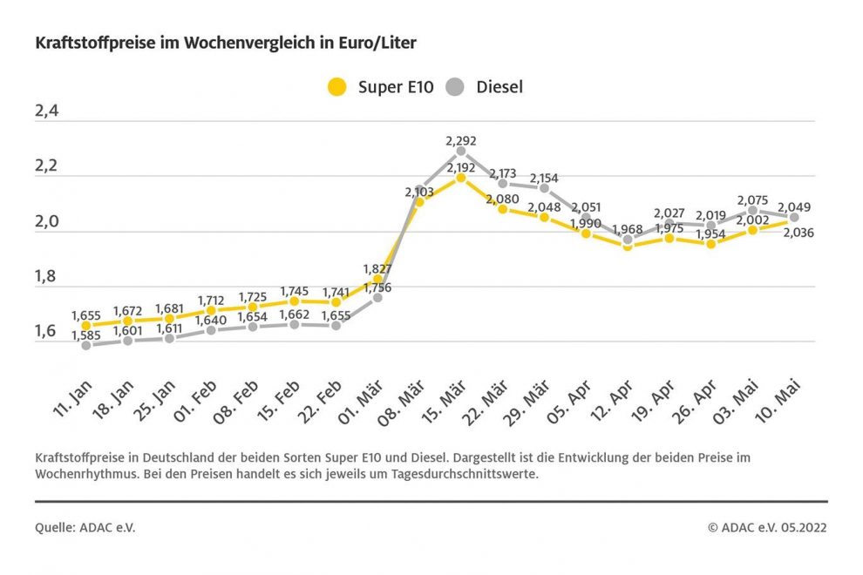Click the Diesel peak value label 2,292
[461, 139]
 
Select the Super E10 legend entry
[379, 86]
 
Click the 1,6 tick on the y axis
[51, 331]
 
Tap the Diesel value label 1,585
[85, 358]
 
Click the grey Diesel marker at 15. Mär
[461, 151]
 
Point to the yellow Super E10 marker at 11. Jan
[85, 325]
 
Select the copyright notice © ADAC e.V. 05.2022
[766, 527]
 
